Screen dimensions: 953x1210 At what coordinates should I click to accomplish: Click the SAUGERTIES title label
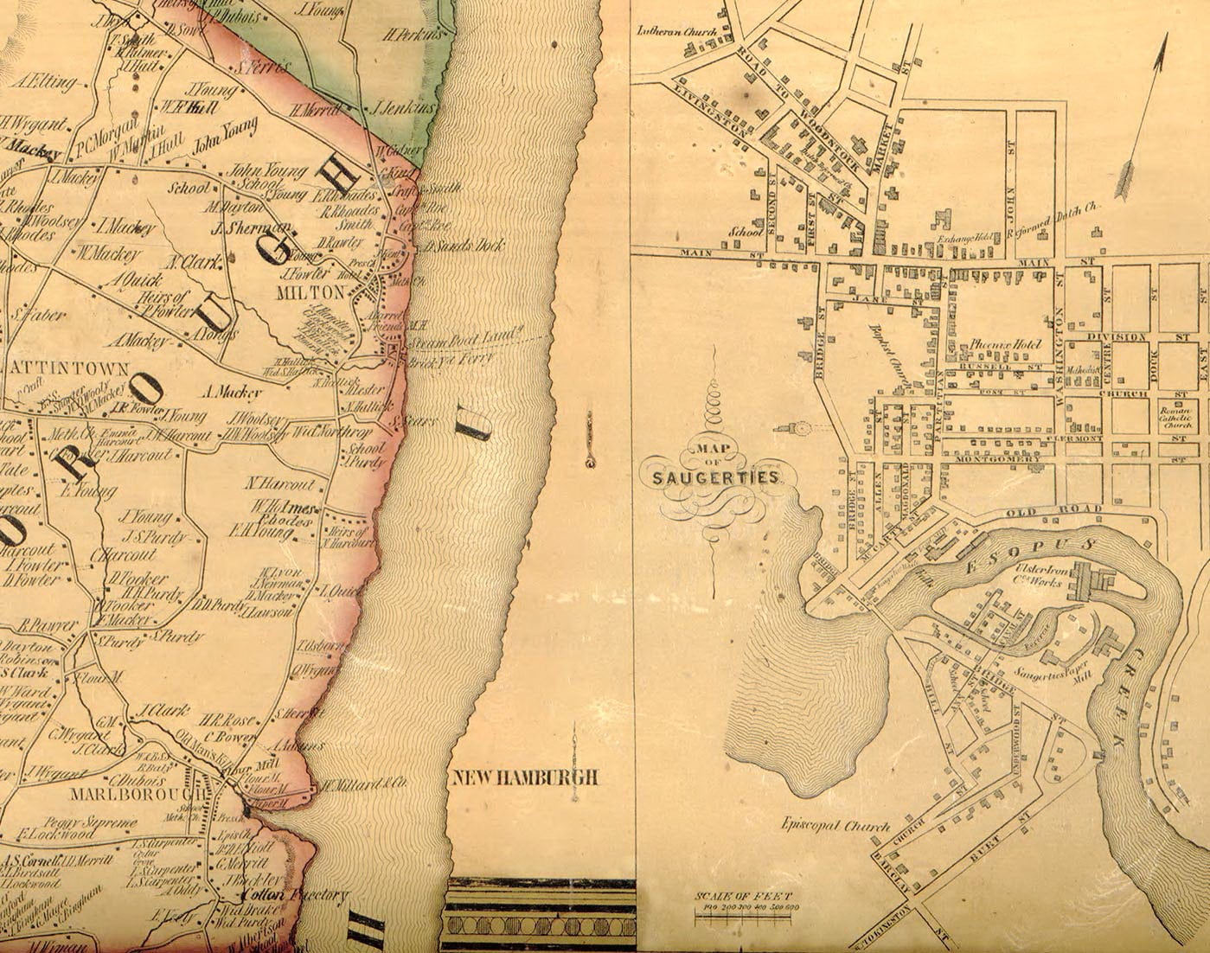(710, 476)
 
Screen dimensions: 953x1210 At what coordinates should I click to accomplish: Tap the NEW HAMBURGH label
(525, 777)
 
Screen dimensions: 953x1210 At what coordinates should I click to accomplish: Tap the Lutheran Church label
(672, 30)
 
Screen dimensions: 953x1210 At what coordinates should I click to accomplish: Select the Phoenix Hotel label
(1002, 342)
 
